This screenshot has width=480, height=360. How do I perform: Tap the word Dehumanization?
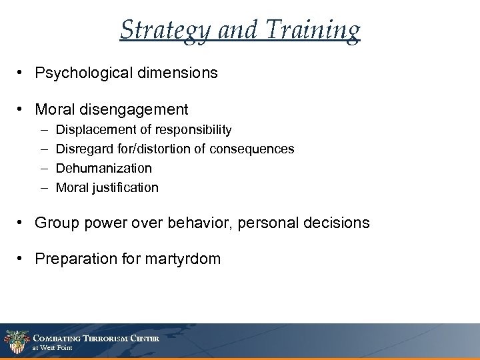104,168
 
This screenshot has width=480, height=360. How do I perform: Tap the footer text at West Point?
54,347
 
